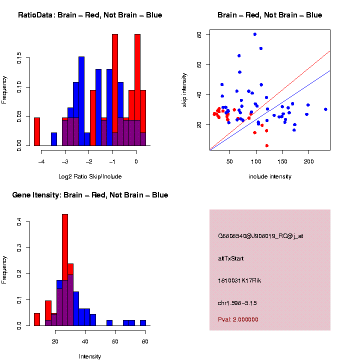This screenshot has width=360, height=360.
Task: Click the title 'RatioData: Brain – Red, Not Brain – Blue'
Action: pos(90,15)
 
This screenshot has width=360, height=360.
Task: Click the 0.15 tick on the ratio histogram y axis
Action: pos(19,59)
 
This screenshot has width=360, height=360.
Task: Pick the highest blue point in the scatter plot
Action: pos(255,34)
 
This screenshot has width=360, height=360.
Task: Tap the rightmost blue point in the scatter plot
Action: pos(325,109)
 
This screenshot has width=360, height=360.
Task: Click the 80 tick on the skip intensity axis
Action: pos(199,34)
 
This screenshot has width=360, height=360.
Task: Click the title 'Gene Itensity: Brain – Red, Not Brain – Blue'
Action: pos(90,195)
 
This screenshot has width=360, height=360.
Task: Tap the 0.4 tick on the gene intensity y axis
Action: pos(19,222)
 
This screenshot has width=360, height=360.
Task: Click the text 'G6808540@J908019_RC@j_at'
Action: pos(260,236)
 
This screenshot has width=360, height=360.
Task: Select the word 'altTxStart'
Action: pos(231,258)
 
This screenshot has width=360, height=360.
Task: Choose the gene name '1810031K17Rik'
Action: pos(239,280)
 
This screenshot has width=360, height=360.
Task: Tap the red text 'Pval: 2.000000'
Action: pos(238,319)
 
